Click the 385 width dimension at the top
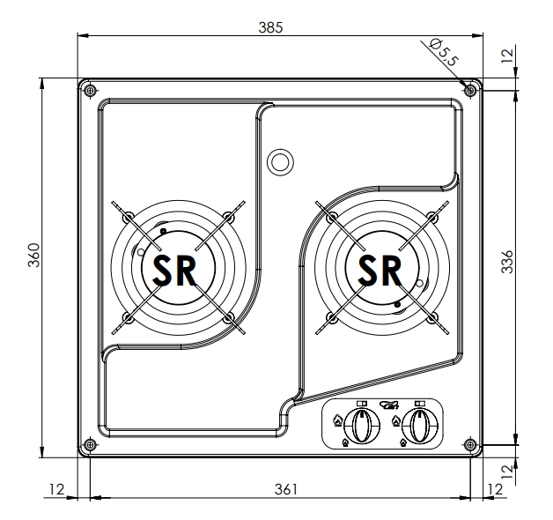270,27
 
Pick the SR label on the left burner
174,270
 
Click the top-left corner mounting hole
90,89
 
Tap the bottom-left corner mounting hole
90,444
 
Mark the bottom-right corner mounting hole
470,444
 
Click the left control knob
360,427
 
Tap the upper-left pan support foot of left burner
128,216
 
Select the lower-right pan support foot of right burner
432,316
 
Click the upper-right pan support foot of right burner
432,216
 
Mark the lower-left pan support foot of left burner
128,316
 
